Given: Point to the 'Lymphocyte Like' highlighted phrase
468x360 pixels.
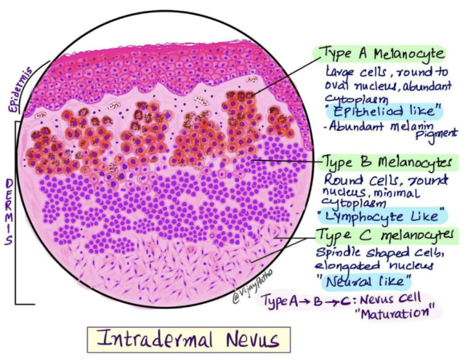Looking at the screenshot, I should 385,215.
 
